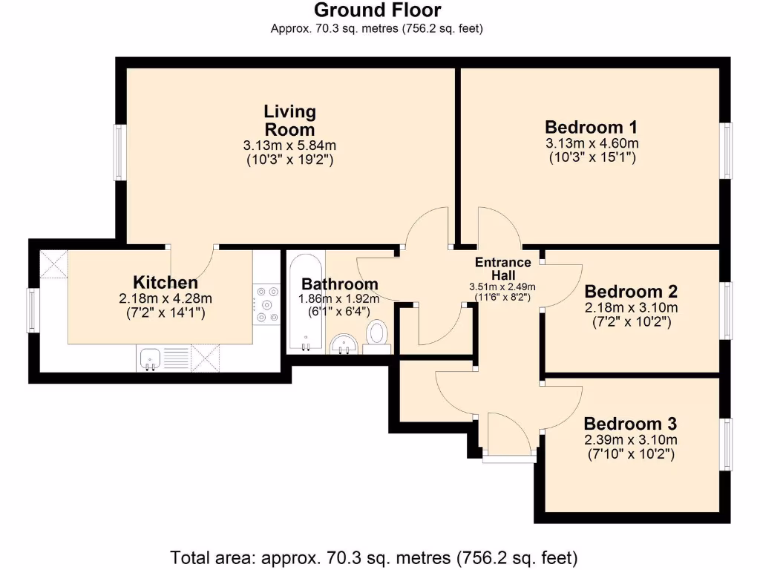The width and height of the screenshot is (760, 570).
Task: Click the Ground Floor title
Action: coord(377,10)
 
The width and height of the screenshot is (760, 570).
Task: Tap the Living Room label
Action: coord(289,120)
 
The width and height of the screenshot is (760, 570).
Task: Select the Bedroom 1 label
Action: coord(592,126)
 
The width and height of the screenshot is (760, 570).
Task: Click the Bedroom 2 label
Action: coord(630,291)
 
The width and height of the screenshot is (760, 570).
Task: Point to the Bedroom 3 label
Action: coord(630,424)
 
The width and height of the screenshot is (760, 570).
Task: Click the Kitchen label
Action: coord(166,282)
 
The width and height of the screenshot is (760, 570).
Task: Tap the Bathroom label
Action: coord(339,284)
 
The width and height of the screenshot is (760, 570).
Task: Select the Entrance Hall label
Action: coord(503,268)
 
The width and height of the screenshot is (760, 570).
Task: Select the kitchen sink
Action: coord(151,358)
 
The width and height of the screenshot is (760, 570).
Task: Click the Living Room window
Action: coord(119,152)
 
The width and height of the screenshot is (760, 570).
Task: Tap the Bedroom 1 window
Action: coord(727,150)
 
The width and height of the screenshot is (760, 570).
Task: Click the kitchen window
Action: coord(33,310)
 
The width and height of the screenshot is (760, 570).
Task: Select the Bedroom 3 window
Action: coord(727,444)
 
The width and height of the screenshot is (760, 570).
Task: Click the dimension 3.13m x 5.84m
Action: coord(289,145)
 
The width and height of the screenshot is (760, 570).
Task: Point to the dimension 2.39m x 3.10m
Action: coord(630,439)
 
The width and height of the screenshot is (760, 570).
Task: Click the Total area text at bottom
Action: coord(374,557)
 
